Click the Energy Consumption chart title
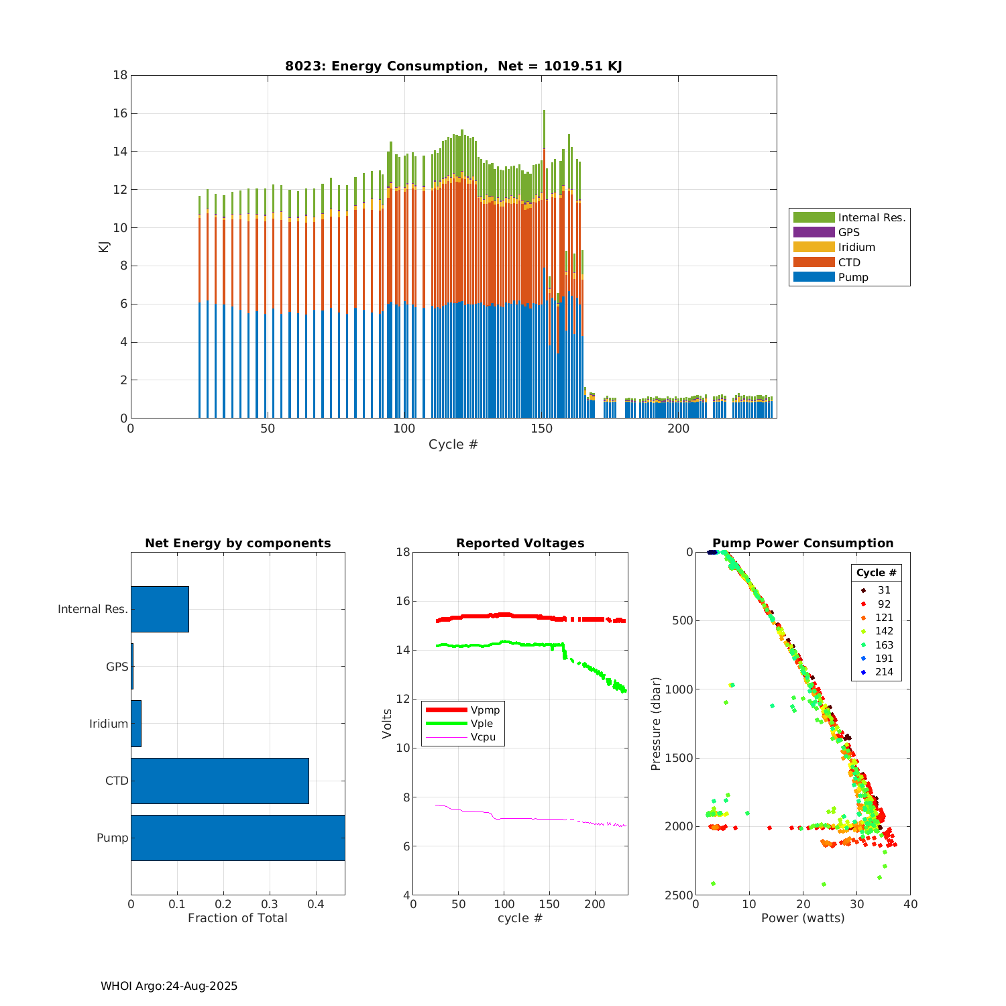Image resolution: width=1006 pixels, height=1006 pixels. point(453,66)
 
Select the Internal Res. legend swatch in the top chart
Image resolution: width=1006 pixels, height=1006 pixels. point(814,217)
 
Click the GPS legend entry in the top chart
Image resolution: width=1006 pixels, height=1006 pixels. point(848,232)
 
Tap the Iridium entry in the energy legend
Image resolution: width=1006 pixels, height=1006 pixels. point(856,247)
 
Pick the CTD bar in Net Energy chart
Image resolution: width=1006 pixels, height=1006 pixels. point(219,781)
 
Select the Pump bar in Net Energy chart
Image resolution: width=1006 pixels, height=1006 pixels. point(237,838)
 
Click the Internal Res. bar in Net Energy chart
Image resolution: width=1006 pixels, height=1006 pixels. point(160,609)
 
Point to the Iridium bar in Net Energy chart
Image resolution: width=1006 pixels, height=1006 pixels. point(136,724)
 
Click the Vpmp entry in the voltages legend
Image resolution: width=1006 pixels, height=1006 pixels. point(485,710)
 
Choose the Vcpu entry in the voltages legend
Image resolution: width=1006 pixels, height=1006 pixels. point(485,737)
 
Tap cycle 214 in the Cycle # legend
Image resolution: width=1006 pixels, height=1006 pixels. point(884,672)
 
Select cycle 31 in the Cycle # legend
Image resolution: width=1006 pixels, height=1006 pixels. point(884,590)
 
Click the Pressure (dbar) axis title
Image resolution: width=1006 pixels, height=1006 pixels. point(656,724)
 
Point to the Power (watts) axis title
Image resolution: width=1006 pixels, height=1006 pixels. point(803,918)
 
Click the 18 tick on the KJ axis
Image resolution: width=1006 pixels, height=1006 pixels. point(120,75)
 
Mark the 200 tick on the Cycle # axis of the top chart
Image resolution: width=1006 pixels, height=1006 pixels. point(678,429)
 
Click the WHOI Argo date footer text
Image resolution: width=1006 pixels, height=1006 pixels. point(169,986)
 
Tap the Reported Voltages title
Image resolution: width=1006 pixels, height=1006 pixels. point(520,543)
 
